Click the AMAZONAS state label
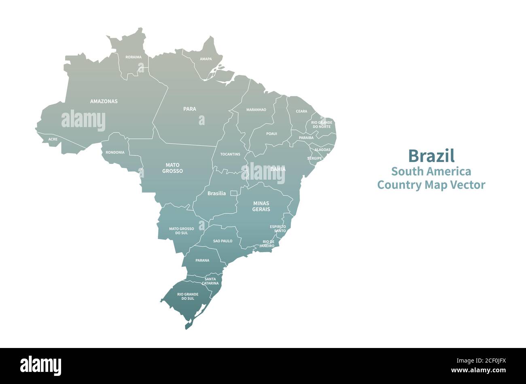104,101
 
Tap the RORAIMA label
134,57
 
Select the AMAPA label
206,59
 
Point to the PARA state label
189,109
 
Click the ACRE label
53,139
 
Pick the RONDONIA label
115,153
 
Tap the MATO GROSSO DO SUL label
181,231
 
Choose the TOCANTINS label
230,154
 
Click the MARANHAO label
256,110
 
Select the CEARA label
301,111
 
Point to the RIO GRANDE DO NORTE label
322,124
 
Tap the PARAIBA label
306,138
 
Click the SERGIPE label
314,158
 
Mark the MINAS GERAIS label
261,206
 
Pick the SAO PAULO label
223,241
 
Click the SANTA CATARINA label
210,281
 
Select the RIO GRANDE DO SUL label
188,296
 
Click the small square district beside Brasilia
233,193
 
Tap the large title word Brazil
431,156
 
